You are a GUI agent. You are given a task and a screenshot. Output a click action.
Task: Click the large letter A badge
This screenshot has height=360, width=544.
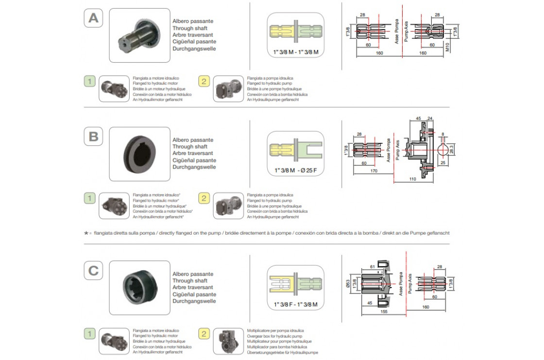(x=93, y=18)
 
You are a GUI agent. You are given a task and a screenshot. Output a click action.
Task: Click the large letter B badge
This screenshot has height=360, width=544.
(x=93, y=137)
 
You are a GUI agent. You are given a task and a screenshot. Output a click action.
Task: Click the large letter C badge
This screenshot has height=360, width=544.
(x=93, y=271)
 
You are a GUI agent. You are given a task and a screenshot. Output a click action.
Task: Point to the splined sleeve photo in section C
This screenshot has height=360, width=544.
(x=139, y=287)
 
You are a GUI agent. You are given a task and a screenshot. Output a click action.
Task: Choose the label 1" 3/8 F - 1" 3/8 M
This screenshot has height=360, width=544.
(x=295, y=305)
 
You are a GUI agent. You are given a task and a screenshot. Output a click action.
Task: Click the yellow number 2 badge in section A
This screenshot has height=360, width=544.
(x=204, y=81)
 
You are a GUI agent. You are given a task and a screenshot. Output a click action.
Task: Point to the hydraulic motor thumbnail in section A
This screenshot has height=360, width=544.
(x=113, y=88)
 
